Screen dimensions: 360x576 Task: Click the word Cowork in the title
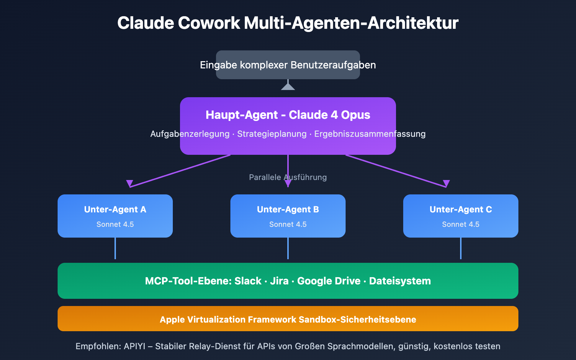(x=209, y=23)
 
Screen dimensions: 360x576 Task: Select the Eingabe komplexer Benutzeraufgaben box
(x=288, y=65)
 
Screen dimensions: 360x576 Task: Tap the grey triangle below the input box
(x=288, y=86)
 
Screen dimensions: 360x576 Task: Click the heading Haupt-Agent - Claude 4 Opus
(x=288, y=115)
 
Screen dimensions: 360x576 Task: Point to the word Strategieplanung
(x=272, y=134)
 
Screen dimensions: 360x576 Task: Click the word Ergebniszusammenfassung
(x=370, y=134)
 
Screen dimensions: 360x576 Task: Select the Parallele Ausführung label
(x=288, y=177)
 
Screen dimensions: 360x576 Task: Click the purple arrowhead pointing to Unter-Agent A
(x=130, y=183)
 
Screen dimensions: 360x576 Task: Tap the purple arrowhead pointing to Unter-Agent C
(x=446, y=183)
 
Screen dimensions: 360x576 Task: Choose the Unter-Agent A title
(x=115, y=210)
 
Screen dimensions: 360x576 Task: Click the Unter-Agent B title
(x=288, y=210)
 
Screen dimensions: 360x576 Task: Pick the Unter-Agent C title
(x=461, y=210)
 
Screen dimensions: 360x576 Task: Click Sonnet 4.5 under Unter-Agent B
(x=288, y=224)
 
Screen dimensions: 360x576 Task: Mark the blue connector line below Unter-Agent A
(x=115, y=248)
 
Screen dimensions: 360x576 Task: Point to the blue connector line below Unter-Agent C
(x=461, y=248)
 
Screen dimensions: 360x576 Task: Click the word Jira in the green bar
(x=279, y=281)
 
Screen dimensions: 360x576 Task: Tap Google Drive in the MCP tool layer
(x=329, y=281)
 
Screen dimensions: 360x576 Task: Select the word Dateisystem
(x=400, y=281)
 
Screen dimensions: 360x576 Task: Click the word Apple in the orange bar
(x=171, y=320)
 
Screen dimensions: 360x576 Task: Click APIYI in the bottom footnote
(x=134, y=346)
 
